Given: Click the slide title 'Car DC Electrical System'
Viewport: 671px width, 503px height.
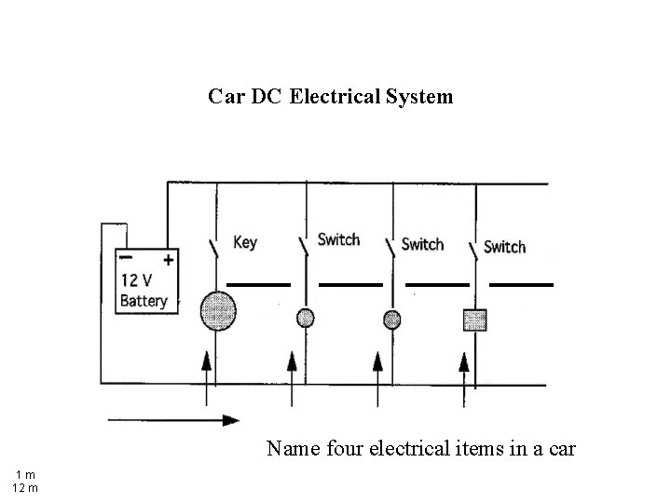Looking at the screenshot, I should tap(331, 96).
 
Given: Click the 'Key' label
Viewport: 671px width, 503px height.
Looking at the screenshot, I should tap(244, 242).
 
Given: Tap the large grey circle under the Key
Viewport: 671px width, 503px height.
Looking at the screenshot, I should tap(217, 310).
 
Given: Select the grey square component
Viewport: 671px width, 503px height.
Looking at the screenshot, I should tap(475, 319).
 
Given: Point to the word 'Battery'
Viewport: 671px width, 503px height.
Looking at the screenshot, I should tap(144, 301).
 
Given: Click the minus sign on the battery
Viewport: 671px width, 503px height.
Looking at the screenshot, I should tap(125, 258).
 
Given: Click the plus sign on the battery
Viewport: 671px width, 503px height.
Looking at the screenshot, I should tap(169, 259).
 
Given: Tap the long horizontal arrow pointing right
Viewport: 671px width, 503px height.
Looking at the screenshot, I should tap(173, 420).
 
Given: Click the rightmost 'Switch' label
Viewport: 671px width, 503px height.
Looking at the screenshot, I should tap(504, 247).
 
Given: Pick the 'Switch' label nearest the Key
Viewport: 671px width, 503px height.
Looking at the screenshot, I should tap(338, 239).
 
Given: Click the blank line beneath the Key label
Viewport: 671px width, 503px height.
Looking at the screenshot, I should tap(259, 283).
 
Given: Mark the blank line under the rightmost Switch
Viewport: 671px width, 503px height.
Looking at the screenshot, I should tap(521, 283).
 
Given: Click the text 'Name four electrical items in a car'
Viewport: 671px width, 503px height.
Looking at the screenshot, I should tap(421, 449).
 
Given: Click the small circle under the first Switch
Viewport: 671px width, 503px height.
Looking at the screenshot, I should tap(305, 318).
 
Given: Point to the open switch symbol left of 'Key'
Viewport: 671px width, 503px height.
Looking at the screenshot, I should tap(215, 247).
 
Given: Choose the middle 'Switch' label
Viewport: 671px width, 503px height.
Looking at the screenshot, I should tap(422, 244).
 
